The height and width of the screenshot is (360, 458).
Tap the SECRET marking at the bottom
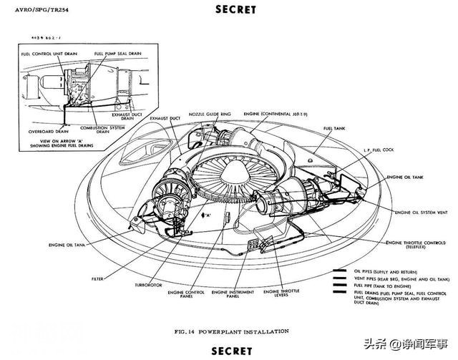coord(232,351)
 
